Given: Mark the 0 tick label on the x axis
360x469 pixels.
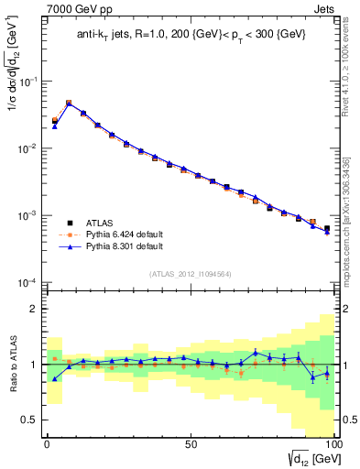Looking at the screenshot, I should point(47,443).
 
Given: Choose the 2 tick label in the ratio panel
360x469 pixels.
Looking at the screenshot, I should point(36,309).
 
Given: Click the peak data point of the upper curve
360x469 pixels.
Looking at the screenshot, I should point(69,104).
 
